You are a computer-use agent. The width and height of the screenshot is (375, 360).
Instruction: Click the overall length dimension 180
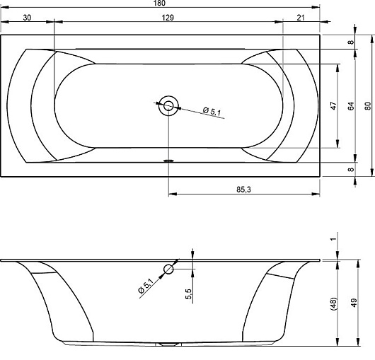[159, 3]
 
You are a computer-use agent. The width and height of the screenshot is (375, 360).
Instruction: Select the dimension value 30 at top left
[27, 18]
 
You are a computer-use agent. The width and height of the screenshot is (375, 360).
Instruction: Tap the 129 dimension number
[168, 18]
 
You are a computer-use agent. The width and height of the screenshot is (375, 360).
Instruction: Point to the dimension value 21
[301, 18]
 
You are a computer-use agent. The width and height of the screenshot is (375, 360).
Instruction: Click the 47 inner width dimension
[333, 105]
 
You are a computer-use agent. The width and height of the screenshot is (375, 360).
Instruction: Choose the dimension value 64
[351, 106]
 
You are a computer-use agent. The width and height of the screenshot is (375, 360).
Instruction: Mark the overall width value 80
[368, 106]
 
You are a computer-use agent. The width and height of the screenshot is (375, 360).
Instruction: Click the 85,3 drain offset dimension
[243, 190]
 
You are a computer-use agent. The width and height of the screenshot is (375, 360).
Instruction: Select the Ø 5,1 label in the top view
[212, 111]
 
